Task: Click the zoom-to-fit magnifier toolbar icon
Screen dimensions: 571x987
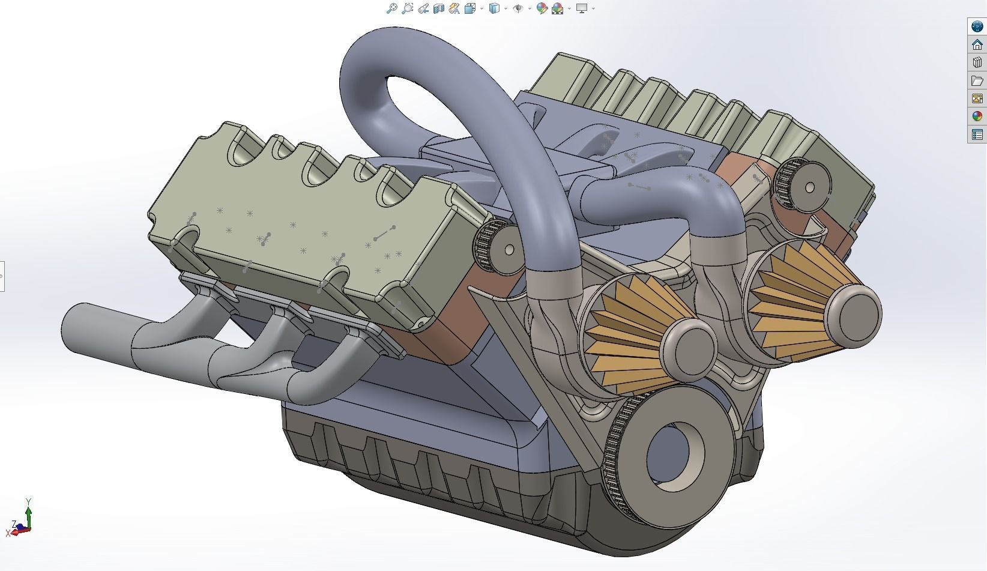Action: (x=392, y=8)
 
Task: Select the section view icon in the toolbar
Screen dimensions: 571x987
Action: (x=439, y=8)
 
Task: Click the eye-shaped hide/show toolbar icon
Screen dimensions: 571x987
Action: (x=518, y=8)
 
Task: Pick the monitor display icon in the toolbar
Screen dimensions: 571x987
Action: (x=581, y=8)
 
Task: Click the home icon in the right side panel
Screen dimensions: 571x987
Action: (x=977, y=44)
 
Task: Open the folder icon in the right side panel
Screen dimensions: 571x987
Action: (x=977, y=80)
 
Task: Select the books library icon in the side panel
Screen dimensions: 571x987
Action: (x=977, y=62)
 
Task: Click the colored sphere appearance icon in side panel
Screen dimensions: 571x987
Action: (x=977, y=116)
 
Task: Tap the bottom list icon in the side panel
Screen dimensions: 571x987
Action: (x=977, y=134)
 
